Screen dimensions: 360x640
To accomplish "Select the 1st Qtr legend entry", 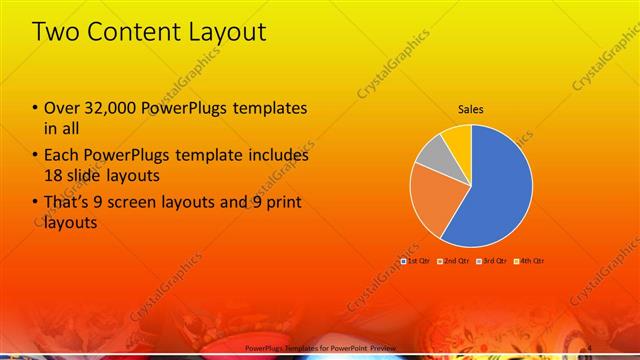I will point(415,260).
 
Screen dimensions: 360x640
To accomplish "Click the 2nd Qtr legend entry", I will point(454,260).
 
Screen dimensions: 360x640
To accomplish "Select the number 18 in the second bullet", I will point(54,176).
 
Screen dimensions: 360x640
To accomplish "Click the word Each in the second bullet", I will point(61,156).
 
